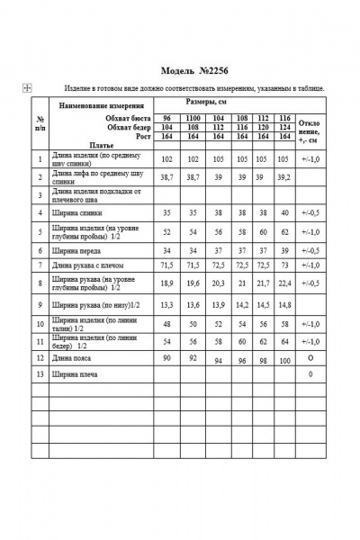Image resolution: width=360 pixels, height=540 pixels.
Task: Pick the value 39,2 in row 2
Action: (284, 180)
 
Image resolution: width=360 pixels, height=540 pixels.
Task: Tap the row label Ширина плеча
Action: (75, 373)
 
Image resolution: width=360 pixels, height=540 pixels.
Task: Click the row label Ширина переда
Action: (76, 250)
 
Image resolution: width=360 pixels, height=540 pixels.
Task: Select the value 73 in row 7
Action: (284, 266)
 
